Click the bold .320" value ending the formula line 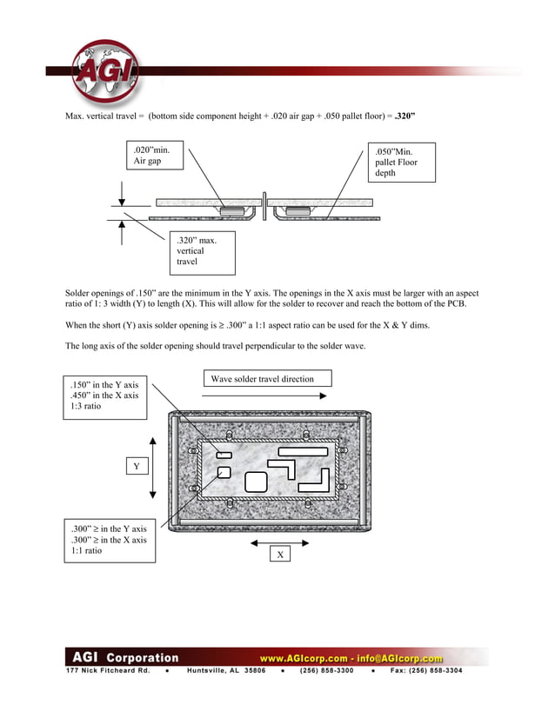[404, 116]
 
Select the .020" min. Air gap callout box [157, 163]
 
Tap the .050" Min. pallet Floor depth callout [402, 163]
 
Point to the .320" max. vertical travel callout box [203, 250]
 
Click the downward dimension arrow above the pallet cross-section [122, 192]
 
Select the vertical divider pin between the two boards [264, 207]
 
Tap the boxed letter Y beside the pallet [136, 467]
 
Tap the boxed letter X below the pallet [279, 554]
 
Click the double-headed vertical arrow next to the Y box [153, 467]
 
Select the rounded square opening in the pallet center [257, 481]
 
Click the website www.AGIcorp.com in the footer [303, 659]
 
